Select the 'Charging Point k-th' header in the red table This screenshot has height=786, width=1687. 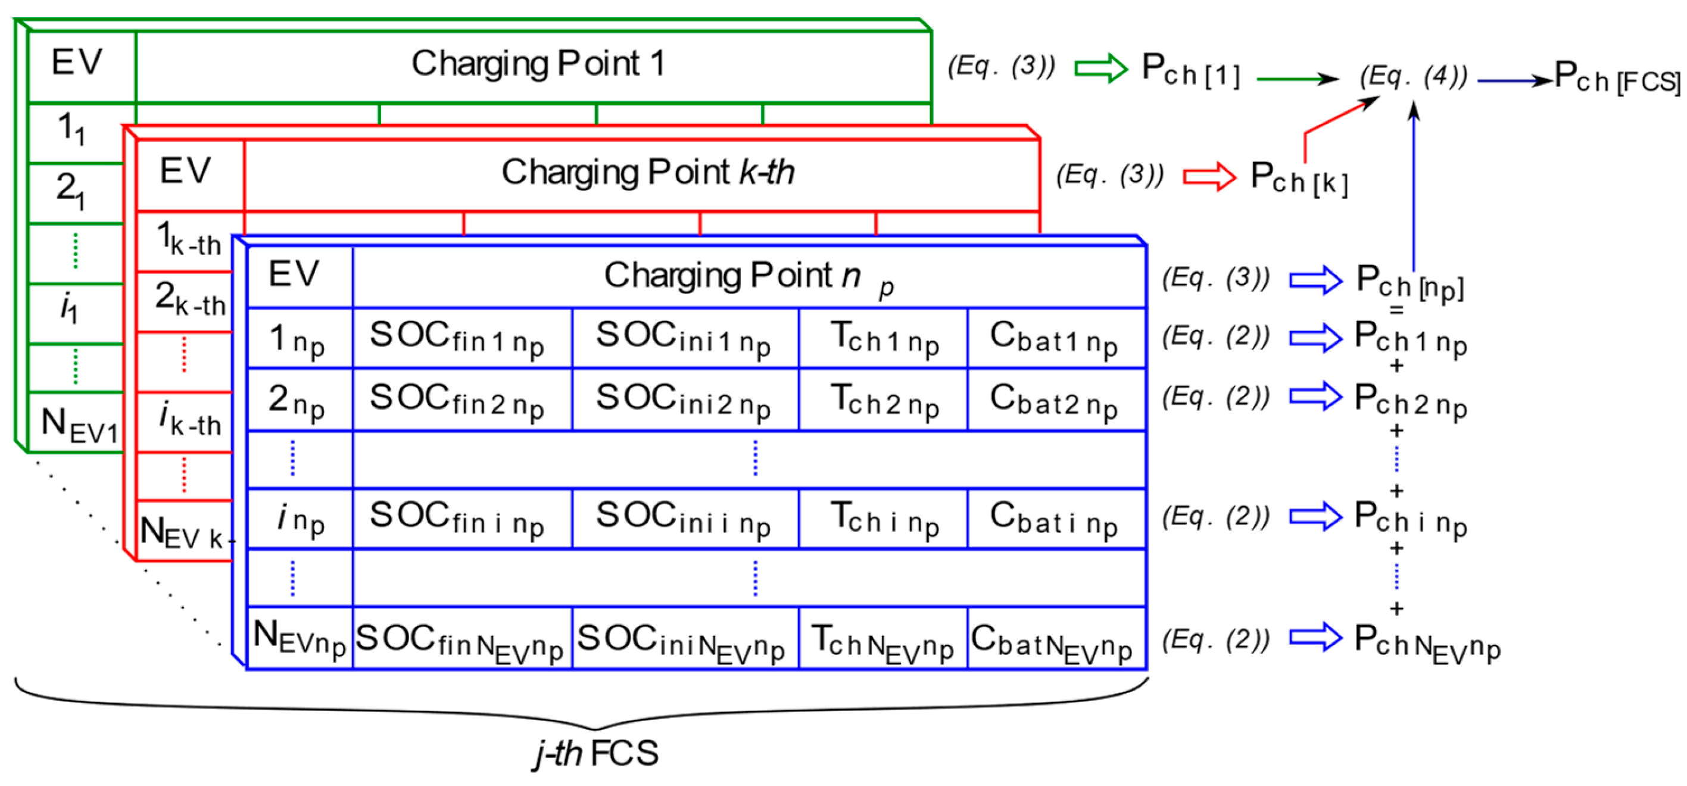pyautogui.click(x=647, y=173)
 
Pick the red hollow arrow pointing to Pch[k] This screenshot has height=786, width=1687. pyautogui.click(x=1209, y=176)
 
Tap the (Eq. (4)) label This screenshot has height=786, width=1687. pyautogui.click(x=1413, y=77)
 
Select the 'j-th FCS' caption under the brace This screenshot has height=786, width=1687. pyautogui.click(x=596, y=753)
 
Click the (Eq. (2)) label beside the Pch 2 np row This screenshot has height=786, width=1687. pyautogui.click(x=1215, y=397)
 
